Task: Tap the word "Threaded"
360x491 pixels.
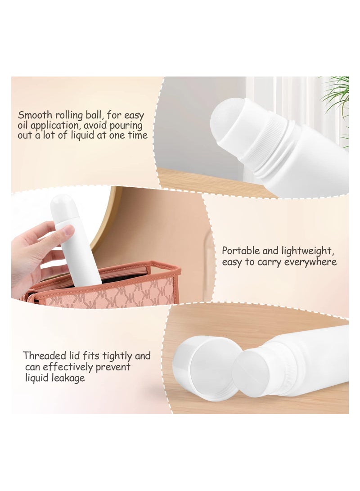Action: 44,356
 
